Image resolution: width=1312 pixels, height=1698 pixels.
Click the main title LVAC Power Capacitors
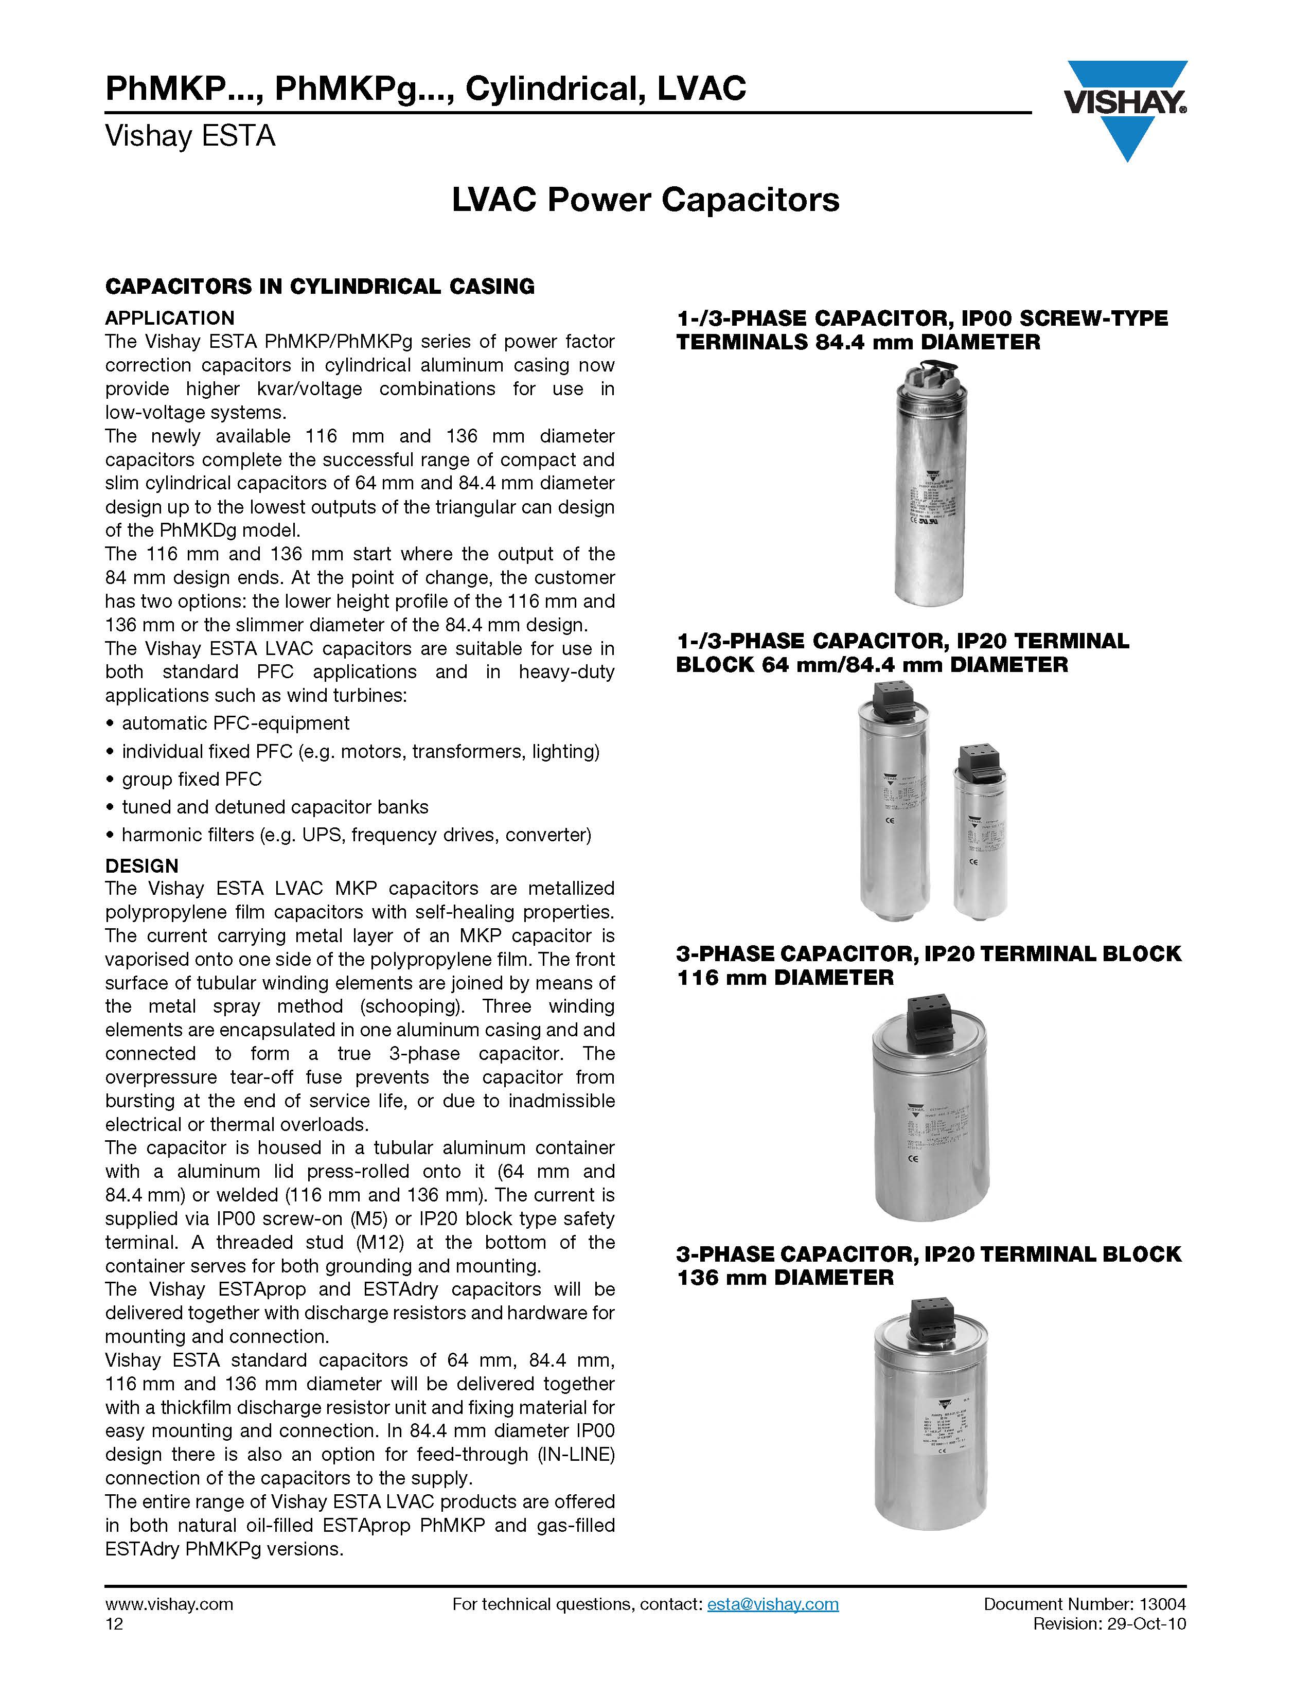tap(645, 200)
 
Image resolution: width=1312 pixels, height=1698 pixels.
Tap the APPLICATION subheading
tap(169, 318)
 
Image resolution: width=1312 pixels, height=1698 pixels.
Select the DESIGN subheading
tap(141, 865)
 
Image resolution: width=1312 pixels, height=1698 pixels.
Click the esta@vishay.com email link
tap(773, 1604)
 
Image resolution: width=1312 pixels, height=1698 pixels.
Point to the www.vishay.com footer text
tap(169, 1604)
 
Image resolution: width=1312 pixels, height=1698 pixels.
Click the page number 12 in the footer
tap(114, 1623)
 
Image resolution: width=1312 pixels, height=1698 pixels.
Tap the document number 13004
tap(1163, 1604)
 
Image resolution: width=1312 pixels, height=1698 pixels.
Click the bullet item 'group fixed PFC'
tap(191, 779)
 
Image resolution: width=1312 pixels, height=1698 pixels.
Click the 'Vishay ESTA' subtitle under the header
tap(190, 136)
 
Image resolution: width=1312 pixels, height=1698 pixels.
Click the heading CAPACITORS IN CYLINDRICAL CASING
tap(320, 286)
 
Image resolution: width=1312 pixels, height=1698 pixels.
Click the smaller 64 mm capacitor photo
tap(981, 836)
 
